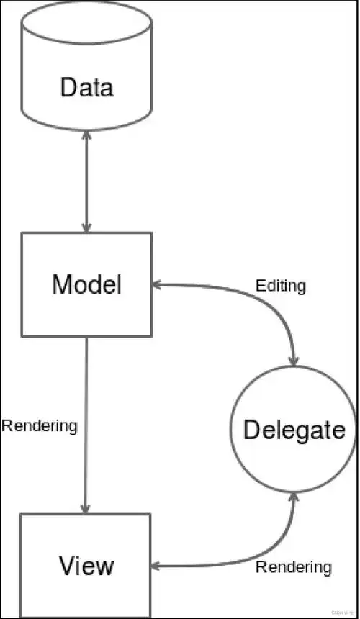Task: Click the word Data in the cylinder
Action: [86, 88]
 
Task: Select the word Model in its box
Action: [86, 285]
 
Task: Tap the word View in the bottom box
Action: [86, 565]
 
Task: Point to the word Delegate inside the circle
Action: [294, 430]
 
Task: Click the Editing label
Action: [281, 286]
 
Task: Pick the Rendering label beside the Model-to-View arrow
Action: [39, 425]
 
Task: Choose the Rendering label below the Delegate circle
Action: [294, 567]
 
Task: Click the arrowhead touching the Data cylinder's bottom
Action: [86, 135]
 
